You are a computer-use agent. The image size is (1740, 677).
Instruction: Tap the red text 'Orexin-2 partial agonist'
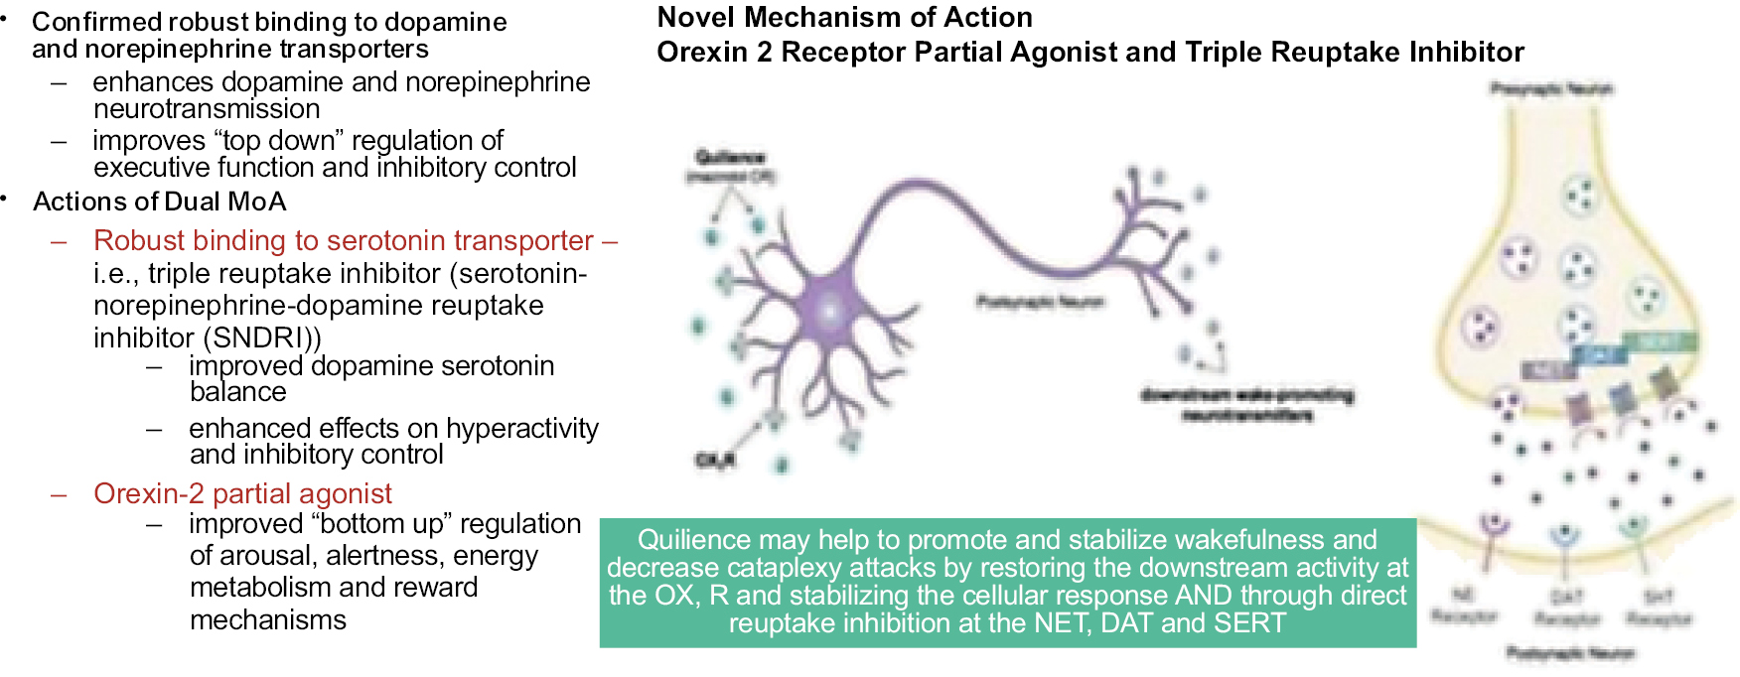(242, 493)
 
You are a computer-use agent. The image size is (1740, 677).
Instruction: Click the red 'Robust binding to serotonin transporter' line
(344, 240)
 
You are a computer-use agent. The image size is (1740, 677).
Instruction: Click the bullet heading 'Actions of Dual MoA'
(159, 202)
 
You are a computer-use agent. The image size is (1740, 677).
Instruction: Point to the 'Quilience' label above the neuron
(730, 157)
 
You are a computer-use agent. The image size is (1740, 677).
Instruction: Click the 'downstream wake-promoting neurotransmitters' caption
(1246, 405)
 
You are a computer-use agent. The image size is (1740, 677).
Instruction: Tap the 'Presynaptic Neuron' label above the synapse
(1550, 88)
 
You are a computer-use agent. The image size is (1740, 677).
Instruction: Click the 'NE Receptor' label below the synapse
(1463, 606)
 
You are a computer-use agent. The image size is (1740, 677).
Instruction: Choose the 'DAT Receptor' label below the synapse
(1566, 608)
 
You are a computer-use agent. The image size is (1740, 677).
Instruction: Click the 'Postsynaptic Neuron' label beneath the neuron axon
(1039, 301)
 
